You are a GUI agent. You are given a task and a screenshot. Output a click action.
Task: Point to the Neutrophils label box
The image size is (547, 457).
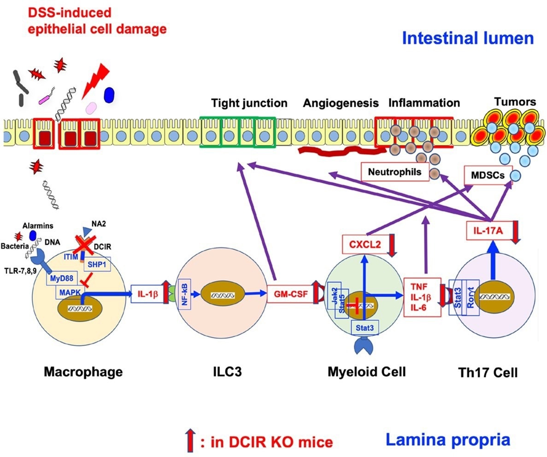[x=394, y=173]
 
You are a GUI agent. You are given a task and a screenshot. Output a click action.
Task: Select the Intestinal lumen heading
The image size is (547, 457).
[x=468, y=38]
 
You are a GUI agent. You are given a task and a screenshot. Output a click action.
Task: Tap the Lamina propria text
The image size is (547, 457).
[x=448, y=440]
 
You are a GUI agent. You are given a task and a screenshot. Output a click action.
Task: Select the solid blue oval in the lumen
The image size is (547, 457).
[x=110, y=95]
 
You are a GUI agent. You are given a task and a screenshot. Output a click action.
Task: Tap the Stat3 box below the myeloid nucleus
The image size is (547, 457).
[x=364, y=327]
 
